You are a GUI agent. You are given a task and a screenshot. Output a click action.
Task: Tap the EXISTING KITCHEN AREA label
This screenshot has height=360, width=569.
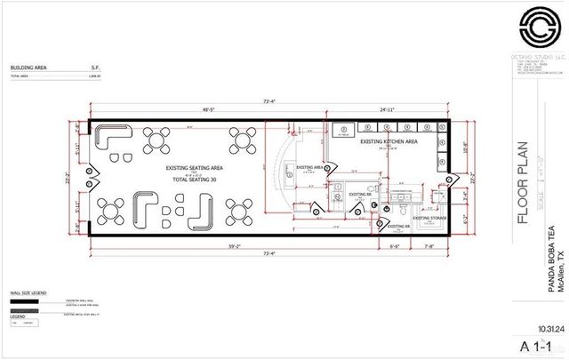(388, 141)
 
